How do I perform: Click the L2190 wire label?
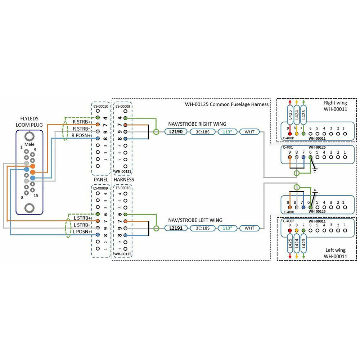pos(176,132)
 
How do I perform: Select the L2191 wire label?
pos(176,228)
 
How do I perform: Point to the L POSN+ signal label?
pos(82,231)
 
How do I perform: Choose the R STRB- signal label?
pos(81,129)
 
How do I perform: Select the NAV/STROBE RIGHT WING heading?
pos(197,124)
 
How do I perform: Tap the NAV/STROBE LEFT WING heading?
pos(195,220)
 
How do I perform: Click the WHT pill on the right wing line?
pos(249,132)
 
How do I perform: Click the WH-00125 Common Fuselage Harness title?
pos(227,104)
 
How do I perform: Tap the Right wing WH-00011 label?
pos(335,105)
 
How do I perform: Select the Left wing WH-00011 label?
pos(335,253)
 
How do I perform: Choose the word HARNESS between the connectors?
pos(124,179)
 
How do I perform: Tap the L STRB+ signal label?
pos(82,218)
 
